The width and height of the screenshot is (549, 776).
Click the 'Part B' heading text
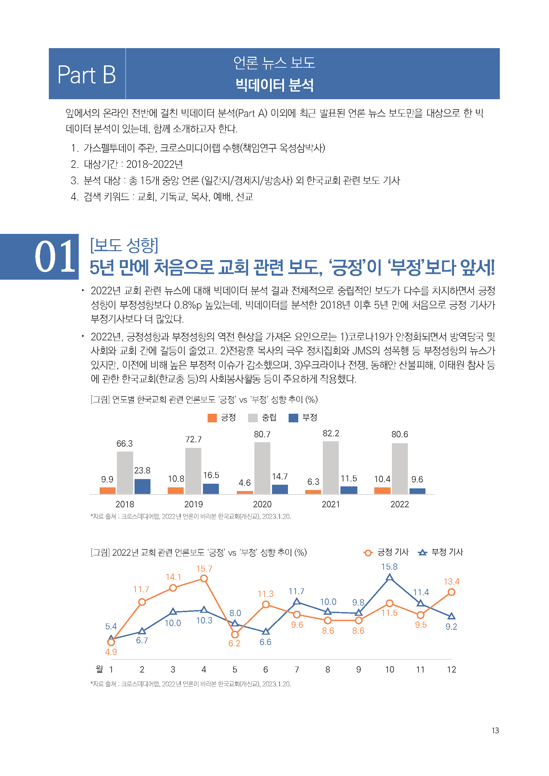(x=87, y=75)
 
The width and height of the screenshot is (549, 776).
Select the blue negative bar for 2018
(x=142, y=486)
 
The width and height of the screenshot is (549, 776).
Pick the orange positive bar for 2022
(x=382, y=490)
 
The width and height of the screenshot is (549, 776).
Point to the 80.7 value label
(x=262, y=434)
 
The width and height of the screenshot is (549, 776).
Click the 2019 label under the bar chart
(x=194, y=504)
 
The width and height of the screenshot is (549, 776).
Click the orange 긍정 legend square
(x=212, y=418)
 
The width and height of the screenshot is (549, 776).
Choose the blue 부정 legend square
(x=293, y=418)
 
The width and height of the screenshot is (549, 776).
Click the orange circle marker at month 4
(x=204, y=579)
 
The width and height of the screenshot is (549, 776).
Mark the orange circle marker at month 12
(x=451, y=592)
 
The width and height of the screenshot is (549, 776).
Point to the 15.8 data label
(x=389, y=567)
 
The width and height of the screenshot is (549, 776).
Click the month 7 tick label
(x=297, y=670)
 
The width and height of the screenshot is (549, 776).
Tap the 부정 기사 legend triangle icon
(x=422, y=553)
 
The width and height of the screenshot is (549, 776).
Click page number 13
(x=495, y=731)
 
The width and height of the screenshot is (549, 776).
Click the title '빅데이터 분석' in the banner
(x=274, y=85)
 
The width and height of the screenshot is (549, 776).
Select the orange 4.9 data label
(x=111, y=652)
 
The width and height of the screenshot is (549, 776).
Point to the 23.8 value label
(x=142, y=470)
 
